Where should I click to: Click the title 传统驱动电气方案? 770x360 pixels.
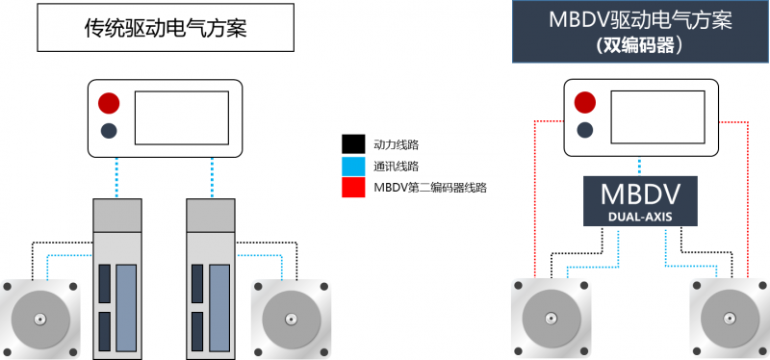click(166, 29)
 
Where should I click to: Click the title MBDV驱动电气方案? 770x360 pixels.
click(640, 20)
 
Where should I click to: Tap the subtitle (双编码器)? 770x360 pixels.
click(640, 45)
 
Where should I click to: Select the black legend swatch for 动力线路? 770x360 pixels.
click(353, 144)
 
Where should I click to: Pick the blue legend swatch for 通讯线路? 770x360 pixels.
click(353, 166)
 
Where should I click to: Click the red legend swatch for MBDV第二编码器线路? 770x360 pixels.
click(353, 188)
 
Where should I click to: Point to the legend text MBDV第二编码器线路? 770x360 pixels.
click(430, 188)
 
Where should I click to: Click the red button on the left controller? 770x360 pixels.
click(109, 103)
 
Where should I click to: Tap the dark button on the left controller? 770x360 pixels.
click(109, 131)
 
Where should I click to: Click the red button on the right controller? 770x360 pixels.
click(585, 102)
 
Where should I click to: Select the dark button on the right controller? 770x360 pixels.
click(585, 130)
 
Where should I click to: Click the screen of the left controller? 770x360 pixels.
click(182, 117)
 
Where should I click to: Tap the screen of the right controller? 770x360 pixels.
click(657, 116)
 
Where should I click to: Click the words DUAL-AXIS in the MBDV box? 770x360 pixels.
click(640, 217)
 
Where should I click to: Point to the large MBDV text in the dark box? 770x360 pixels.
click(640, 195)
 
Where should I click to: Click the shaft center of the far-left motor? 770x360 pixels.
click(39, 319)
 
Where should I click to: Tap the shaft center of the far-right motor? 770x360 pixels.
click(730, 317)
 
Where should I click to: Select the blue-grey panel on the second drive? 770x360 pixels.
click(219, 308)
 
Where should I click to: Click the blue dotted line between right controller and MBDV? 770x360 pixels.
click(640, 167)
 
